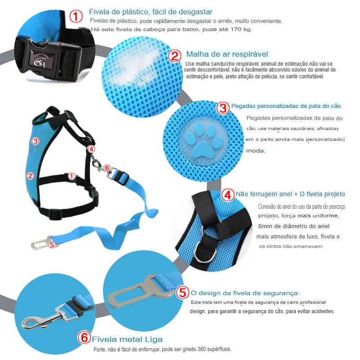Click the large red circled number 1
tap(76, 16)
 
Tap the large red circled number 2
tap(175, 56)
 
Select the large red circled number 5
tap(183, 292)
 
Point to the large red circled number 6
tap(84, 337)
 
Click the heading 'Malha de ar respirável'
tap(227, 54)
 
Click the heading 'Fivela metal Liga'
tap(127, 339)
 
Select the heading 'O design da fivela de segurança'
tap(244, 293)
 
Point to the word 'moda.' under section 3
tap(256, 151)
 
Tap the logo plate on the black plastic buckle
tap(42, 59)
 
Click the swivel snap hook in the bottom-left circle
tap(44, 316)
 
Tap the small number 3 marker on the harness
tap(35, 141)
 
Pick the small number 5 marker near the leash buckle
tap(52, 244)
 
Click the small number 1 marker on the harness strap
tap(72, 176)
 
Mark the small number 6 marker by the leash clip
tap(107, 168)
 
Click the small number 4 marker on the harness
tap(91, 149)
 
